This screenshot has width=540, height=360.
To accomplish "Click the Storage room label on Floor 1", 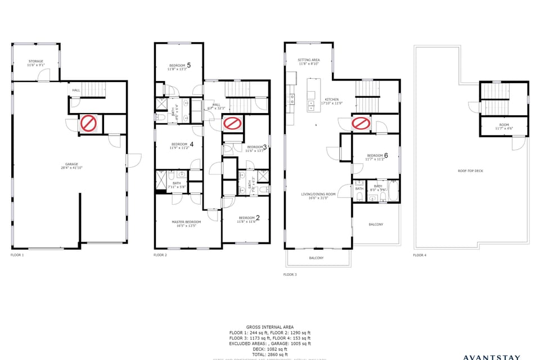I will pyautogui.click(x=35, y=63).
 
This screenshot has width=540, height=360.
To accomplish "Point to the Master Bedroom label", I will pyautogui.click(x=186, y=224).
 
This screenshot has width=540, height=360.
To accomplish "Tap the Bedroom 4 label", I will pyautogui.click(x=182, y=146).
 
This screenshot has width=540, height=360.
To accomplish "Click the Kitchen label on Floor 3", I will pyautogui.click(x=332, y=101).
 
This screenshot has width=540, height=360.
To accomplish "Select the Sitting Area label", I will pyautogui.click(x=309, y=62).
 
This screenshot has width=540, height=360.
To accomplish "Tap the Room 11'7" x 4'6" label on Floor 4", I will pyautogui.click(x=504, y=126).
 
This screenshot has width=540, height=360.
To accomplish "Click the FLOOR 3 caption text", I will pyautogui.click(x=290, y=274).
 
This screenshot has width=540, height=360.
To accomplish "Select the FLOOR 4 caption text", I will pyautogui.click(x=420, y=255).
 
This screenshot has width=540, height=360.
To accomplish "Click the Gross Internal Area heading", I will pyautogui.click(x=269, y=327).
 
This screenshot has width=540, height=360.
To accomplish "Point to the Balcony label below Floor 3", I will pyautogui.click(x=316, y=258).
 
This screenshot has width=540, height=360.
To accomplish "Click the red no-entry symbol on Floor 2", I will pyautogui.click(x=231, y=123).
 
